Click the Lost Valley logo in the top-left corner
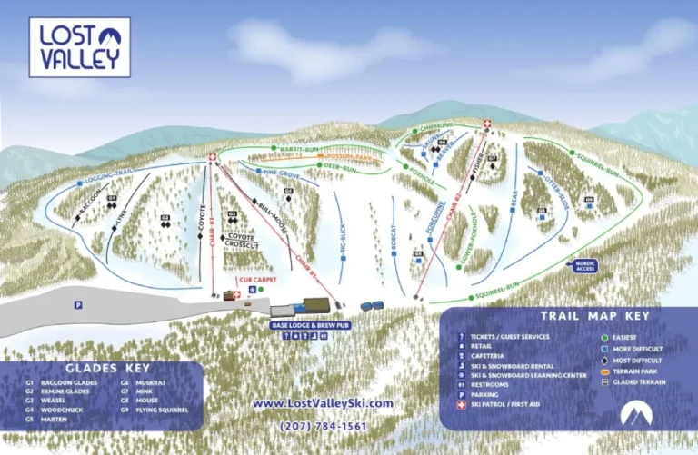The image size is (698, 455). point(80,47)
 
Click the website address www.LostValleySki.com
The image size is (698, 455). point(323,403)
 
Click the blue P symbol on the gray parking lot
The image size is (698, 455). point(79,304)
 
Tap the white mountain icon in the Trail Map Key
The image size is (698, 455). point(636,413)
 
